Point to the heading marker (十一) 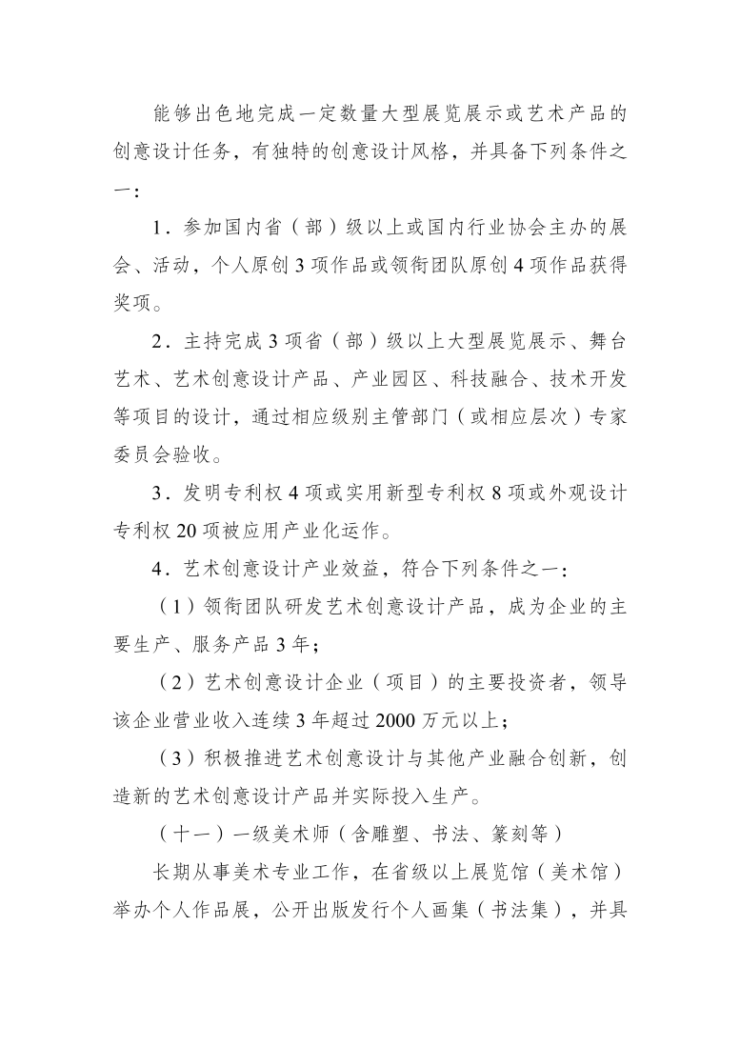pos(190,832)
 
